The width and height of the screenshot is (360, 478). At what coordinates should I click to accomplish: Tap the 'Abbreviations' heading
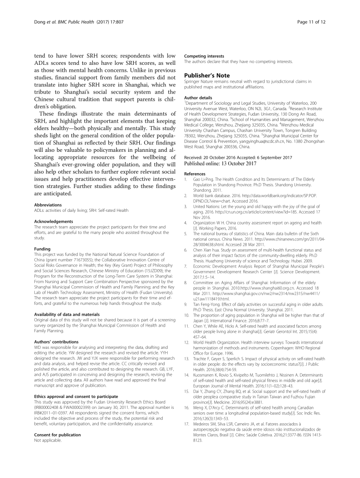click(x=48, y=204)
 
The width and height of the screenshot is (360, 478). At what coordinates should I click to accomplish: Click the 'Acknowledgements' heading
click(x=53, y=221)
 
